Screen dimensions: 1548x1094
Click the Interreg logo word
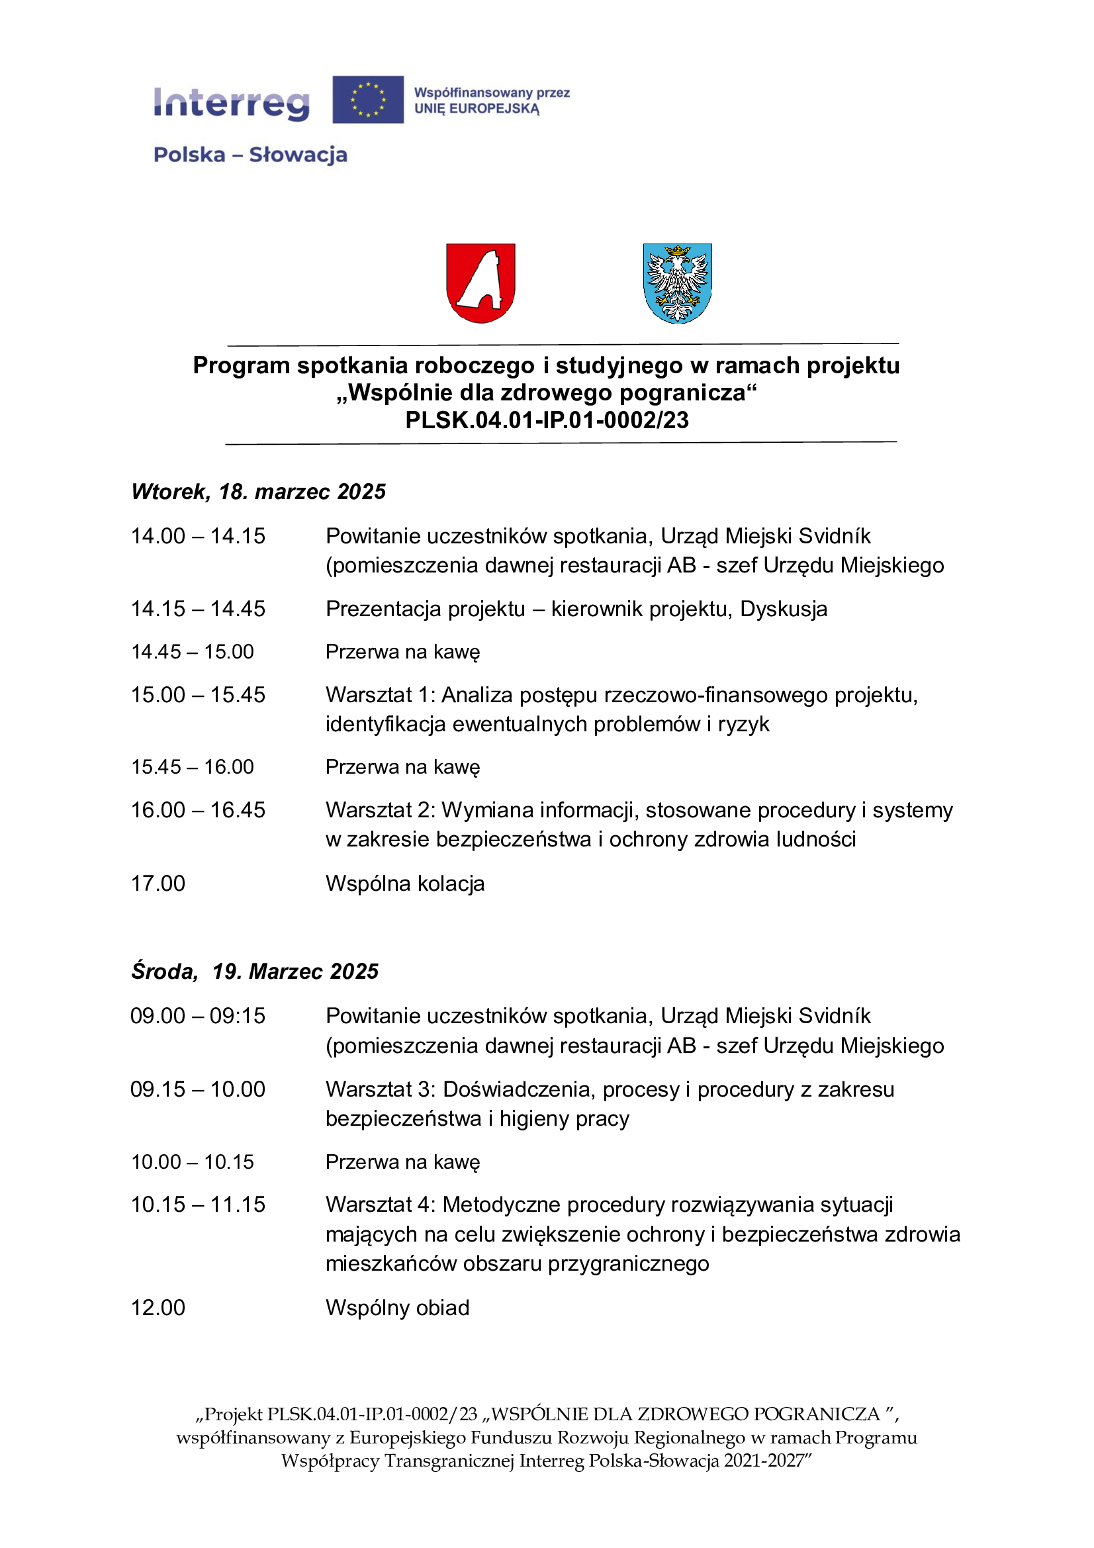click(x=231, y=103)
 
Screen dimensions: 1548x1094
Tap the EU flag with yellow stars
click(x=368, y=100)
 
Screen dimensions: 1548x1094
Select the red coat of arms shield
click(x=480, y=283)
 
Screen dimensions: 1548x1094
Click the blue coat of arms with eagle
click(x=678, y=283)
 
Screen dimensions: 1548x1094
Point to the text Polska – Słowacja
click(x=250, y=155)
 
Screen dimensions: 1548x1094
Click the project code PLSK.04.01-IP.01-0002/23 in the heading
click(x=547, y=420)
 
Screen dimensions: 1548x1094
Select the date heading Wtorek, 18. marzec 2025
click(x=258, y=492)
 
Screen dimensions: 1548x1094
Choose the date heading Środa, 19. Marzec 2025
click(x=255, y=971)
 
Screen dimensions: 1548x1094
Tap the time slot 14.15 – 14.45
click(x=198, y=609)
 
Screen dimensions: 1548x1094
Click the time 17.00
click(x=158, y=884)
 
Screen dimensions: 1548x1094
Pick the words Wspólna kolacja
click(x=405, y=884)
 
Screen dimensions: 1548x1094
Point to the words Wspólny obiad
click(x=397, y=1307)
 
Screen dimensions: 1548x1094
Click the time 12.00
click(x=158, y=1307)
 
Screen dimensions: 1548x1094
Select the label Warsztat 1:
click(x=380, y=694)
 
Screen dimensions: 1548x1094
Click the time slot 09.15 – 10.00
click(x=198, y=1089)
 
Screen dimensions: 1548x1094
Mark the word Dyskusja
click(x=783, y=609)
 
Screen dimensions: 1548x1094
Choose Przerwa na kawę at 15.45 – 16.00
click(x=402, y=766)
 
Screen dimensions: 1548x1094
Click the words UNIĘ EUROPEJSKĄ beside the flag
click(x=477, y=109)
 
